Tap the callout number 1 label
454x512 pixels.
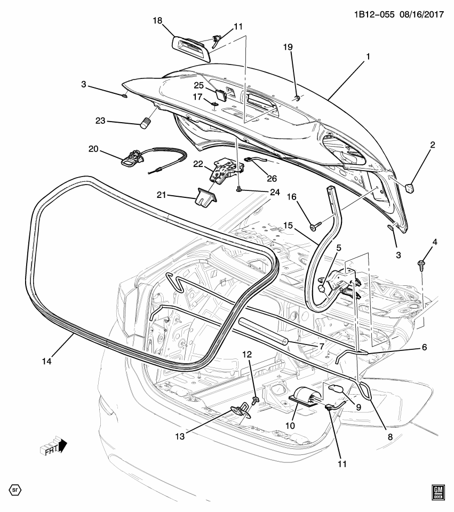coord(367,55)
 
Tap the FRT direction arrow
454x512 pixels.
coord(53,446)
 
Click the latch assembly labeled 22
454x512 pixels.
coord(224,171)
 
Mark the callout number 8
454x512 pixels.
coord(390,436)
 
